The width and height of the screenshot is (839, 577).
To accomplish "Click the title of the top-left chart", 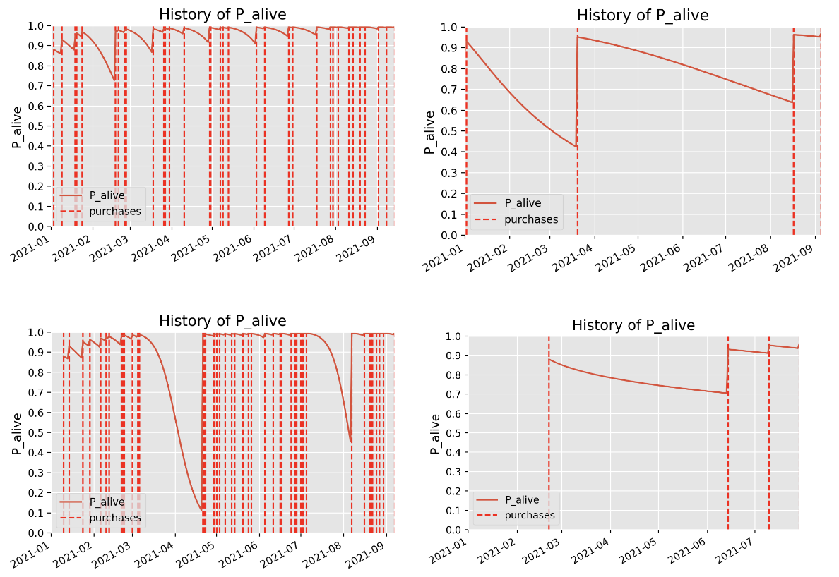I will [x=222, y=14].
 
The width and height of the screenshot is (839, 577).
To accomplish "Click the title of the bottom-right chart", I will [x=633, y=325].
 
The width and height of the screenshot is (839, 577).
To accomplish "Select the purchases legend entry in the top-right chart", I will [x=530, y=219].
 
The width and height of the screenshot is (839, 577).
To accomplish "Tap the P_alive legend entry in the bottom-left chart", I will [x=107, y=502].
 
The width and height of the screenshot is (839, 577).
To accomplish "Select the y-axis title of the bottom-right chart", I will [x=435, y=433].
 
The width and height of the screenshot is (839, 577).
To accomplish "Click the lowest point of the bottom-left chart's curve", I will [x=202, y=509].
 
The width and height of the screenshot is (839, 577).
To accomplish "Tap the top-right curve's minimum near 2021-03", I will [x=576, y=147].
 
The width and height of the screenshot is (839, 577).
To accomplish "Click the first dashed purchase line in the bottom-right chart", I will [x=549, y=437].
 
